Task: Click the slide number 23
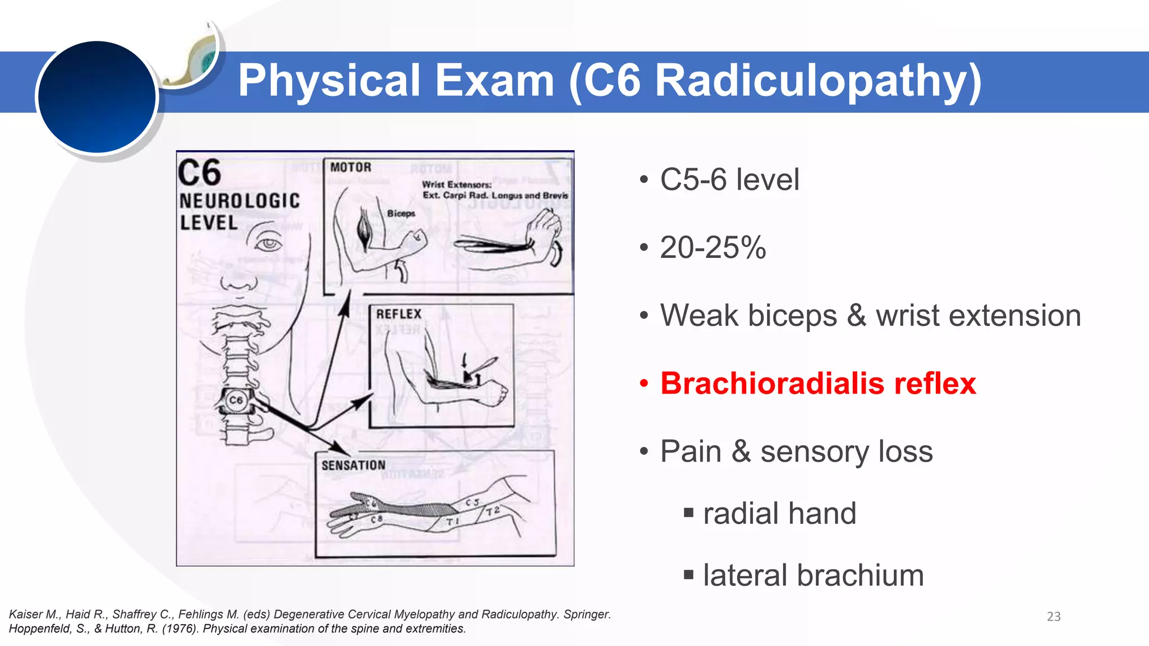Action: tap(1054, 616)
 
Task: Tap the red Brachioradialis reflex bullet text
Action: tap(818, 384)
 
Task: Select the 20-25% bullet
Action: tap(713, 247)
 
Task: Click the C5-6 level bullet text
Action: tap(729, 179)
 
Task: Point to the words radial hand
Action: tap(779, 513)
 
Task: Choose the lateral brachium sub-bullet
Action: tap(813, 575)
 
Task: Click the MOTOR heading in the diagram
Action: tap(351, 167)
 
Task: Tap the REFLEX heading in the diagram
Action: tap(398, 314)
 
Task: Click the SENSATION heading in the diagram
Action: tap(353, 465)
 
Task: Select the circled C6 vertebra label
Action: tap(236, 400)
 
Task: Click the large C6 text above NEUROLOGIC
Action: tap(200, 173)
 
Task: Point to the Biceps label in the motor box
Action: tap(401, 214)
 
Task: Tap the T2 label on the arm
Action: tap(493, 511)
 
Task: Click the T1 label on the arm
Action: tap(453, 522)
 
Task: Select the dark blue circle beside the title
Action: tap(97, 96)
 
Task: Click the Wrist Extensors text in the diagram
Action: tap(456, 184)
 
